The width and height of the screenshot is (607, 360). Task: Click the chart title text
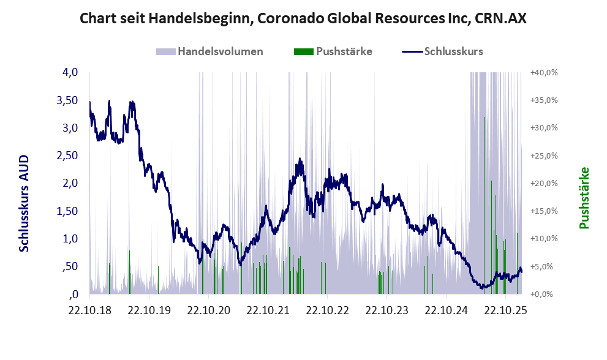point(303,19)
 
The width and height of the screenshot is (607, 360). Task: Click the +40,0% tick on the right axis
point(544,72)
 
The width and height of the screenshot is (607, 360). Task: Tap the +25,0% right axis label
point(544,156)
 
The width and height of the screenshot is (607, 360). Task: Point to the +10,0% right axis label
point(544,239)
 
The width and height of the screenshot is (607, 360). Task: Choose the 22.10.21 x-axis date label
point(268,310)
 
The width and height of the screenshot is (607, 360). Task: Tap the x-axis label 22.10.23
point(387,310)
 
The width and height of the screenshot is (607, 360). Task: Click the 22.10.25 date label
point(506,310)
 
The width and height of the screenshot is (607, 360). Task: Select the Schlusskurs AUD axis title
point(25,203)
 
